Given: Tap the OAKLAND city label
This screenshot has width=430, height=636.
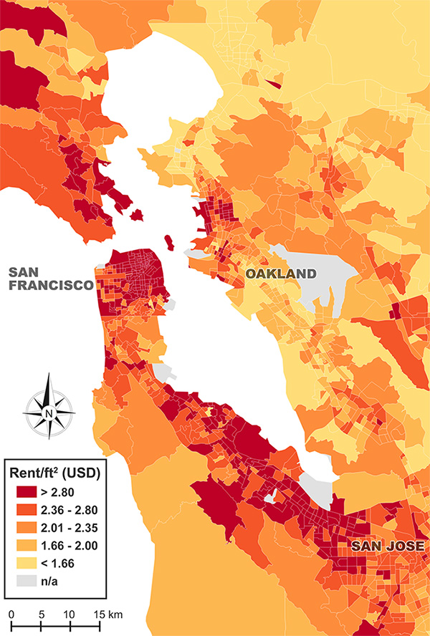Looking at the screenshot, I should [280, 274].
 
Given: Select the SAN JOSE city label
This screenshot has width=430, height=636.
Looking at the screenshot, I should [388, 546].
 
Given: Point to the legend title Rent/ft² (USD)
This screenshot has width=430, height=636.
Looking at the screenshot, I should [57, 473].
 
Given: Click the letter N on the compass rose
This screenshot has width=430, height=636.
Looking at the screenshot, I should [48, 413].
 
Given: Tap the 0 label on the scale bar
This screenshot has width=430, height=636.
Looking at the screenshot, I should [11, 615].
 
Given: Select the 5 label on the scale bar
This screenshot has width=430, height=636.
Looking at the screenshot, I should [42, 615].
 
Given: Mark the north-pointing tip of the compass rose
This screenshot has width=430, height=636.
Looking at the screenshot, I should [48, 375].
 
